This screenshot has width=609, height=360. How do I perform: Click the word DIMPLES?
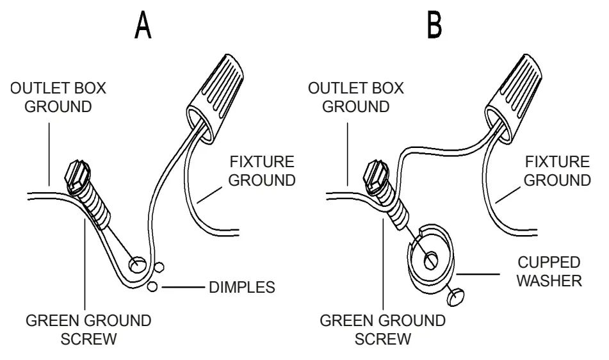[241, 288]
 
